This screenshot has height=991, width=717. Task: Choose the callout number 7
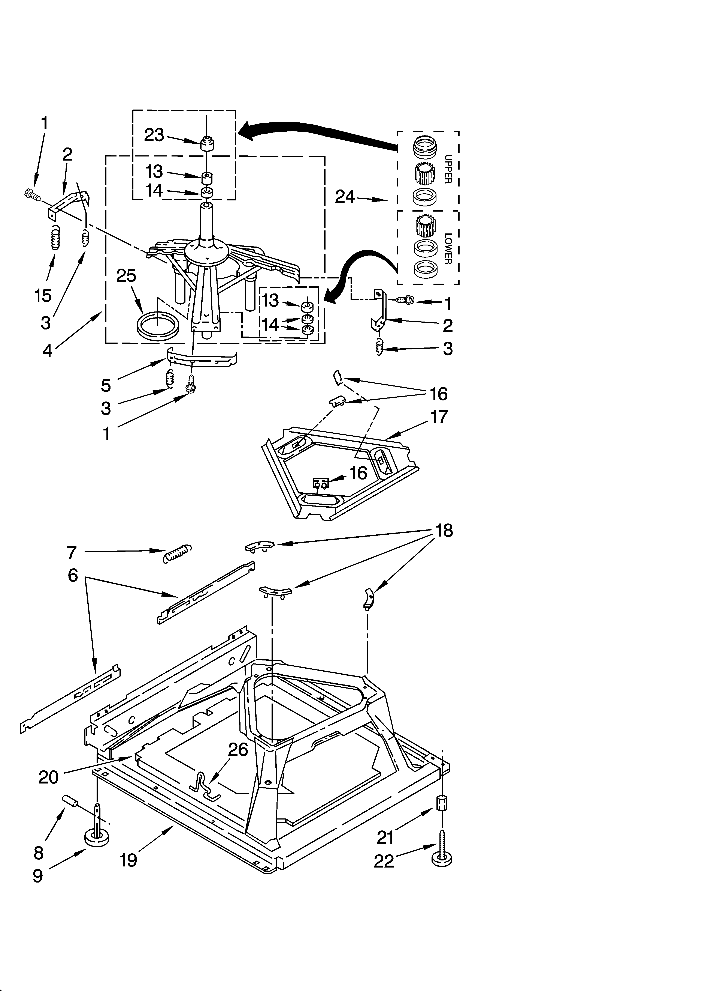72,552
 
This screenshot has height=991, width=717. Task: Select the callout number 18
444,531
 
